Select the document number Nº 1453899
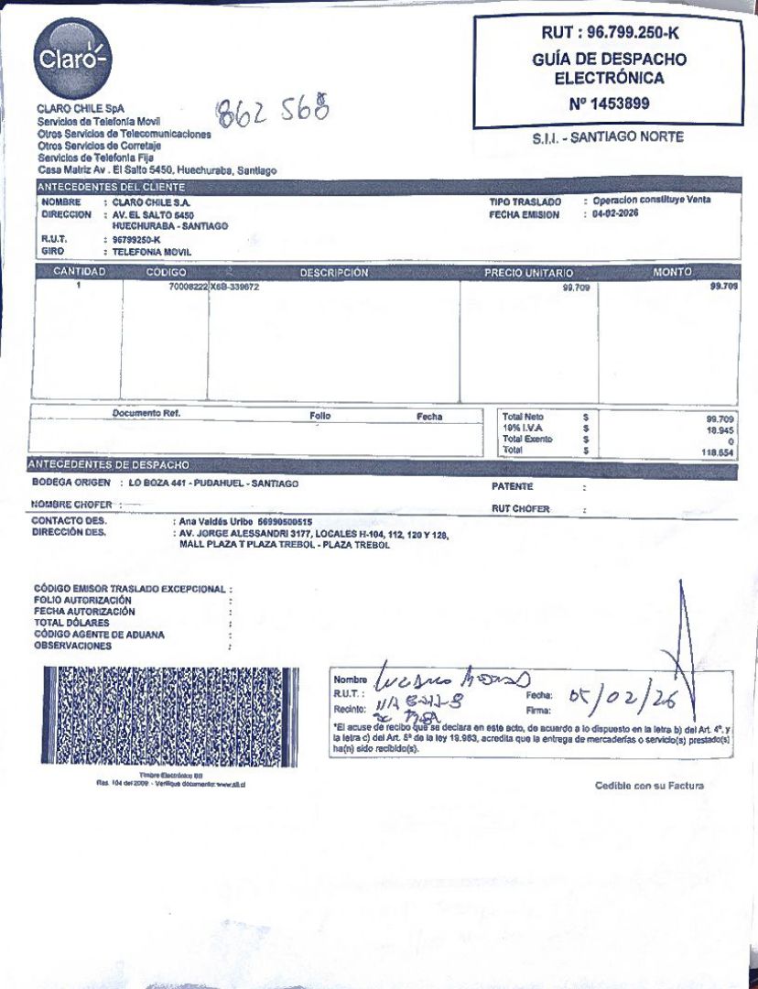click(x=609, y=103)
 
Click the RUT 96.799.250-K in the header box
click(x=609, y=34)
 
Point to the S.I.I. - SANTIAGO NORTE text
click(x=608, y=138)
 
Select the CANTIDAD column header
click(x=80, y=272)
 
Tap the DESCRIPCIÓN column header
click(x=334, y=273)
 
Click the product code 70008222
click(x=189, y=287)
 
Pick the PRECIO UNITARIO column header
click(x=528, y=273)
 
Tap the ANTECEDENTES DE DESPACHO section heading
click(x=111, y=465)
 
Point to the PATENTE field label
click(x=512, y=486)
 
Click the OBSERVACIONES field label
click(x=73, y=646)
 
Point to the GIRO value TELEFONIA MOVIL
click(x=152, y=250)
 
